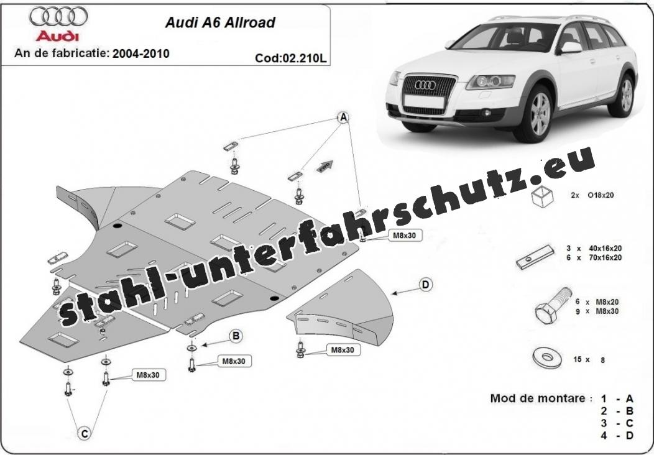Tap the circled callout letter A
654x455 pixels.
pos(343,117)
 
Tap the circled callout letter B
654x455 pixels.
pos(236,336)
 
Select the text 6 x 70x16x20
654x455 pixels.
pos(596,257)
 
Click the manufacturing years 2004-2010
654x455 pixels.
pos(140,53)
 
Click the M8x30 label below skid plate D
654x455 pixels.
pos(342,350)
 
